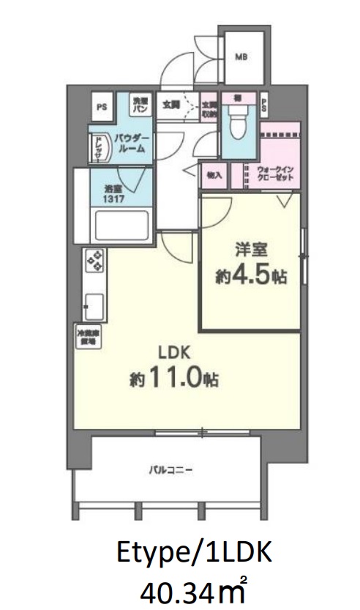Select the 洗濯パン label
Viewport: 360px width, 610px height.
[140, 105]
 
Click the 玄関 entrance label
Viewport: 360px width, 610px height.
[171, 104]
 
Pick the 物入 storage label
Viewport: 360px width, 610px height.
[214, 176]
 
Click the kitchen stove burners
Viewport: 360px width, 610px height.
[95, 261]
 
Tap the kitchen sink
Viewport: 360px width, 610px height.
[94, 303]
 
